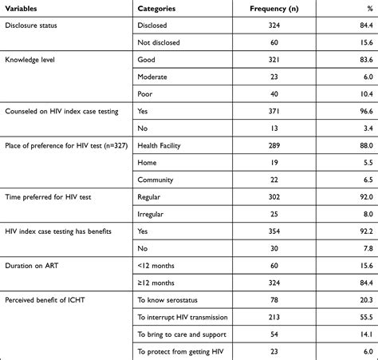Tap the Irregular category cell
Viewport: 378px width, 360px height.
[x=155, y=215]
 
